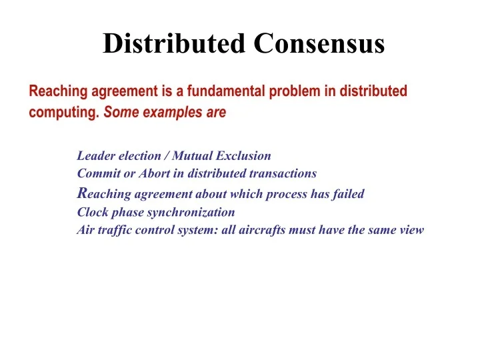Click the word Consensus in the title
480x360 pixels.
(x=319, y=44)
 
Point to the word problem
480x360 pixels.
(x=294, y=91)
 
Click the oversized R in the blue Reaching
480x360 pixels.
(x=82, y=193)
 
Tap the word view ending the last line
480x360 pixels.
(x=411, y=231)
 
